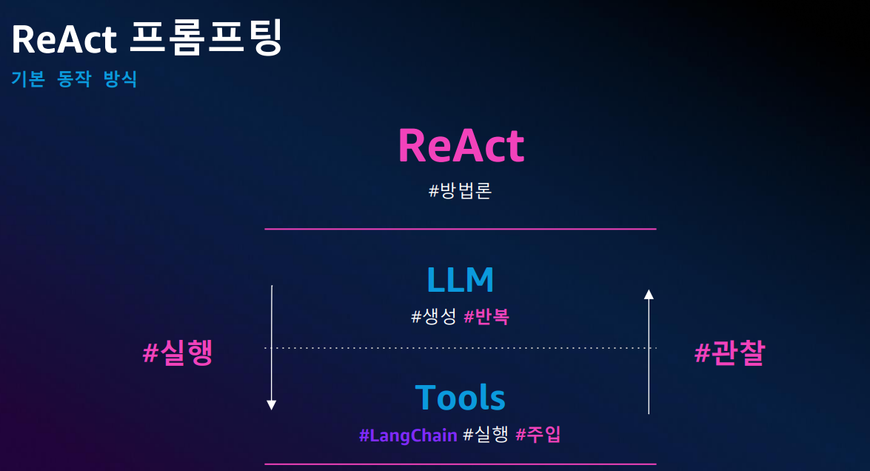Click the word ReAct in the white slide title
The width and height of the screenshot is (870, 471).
(x=64, y=39)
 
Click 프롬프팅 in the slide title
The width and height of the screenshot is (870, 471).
(x=207, y=37)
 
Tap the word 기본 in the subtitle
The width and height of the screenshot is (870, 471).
(x=28, y=78)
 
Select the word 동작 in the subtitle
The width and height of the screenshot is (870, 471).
(x=74, y=78)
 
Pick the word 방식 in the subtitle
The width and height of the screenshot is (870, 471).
(x=121, y=78)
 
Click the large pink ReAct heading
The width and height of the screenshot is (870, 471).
(x=461, y=146)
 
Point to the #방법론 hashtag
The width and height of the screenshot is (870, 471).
(x=460, y=191)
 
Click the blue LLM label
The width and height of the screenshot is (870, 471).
(x=460, y=280)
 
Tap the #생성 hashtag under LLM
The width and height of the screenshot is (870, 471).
(x=434, y=317)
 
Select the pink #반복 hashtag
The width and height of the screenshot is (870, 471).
(x=486, y=317)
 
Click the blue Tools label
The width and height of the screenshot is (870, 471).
(x=461, y=397)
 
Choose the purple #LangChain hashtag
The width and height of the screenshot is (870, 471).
(x=409, y=435)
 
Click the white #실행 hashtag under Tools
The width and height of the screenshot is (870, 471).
(x=486, y=435)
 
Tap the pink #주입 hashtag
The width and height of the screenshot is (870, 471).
(x=538, y=435)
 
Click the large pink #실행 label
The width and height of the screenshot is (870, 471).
(x=178, y=353)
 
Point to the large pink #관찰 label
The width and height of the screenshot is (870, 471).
(x=729, y=353)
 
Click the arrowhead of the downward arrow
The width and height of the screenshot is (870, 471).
(x=271, y=405)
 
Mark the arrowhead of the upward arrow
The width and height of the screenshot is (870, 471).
(x=649, y=294)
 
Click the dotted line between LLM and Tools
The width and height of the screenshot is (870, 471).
(x=461, y=348)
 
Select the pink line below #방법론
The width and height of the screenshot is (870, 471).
(x=461, y=229)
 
